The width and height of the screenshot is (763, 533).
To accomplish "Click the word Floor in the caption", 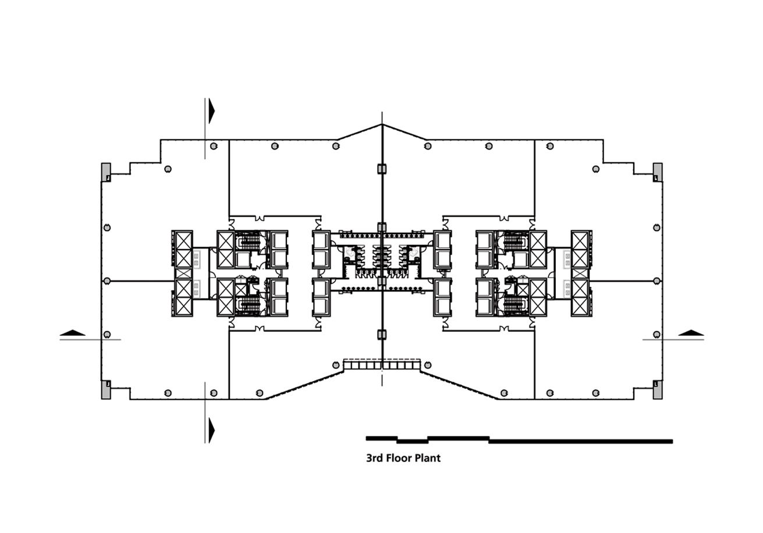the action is [x=397, y=458].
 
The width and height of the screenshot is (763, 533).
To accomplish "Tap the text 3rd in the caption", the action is [x=374, y=458].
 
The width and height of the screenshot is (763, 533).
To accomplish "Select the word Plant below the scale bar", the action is [x=427, y=458].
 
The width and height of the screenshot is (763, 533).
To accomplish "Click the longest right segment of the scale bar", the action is [x=581, y=442].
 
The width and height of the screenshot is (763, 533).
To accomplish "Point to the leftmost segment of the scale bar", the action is [x=382, y=438].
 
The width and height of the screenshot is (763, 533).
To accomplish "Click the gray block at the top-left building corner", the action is [x=106, y=172].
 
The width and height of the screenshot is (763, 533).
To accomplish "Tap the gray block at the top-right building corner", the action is [x=658, y=172].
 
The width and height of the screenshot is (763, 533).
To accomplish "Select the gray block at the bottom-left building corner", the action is [x=106, y=390].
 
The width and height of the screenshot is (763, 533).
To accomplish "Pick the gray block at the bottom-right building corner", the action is [x=658, y=390].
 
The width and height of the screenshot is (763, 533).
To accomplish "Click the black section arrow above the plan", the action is [x=211, y=111].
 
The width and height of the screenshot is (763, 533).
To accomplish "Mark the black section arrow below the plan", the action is [x=211, y=430].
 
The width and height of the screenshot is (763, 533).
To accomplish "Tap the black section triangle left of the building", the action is [x=73, y=333].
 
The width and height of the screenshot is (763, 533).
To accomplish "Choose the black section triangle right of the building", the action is [x=691, y=333].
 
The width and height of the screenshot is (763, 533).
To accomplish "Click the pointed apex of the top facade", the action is [x=382, y=125].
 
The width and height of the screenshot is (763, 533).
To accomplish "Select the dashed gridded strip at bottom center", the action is [x=382, y=364].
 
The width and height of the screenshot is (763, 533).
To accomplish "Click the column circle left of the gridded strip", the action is [x=336, y=365].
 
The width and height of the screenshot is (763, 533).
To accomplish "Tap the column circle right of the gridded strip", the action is [x=428, y=365].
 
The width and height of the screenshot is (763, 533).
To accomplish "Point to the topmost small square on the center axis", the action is [x=382, y=169].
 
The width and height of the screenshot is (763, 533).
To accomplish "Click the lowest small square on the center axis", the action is [x=382, y=335].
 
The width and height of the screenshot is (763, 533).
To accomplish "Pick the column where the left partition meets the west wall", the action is [x=107, y=281].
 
